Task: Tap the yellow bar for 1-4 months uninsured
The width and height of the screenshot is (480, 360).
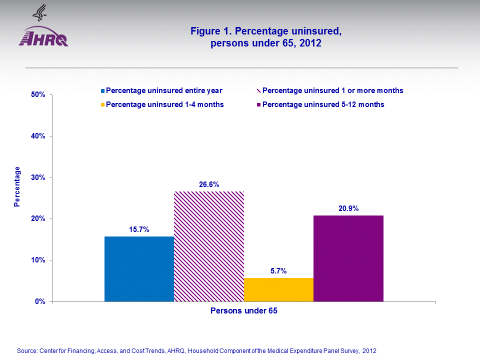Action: [278, 289]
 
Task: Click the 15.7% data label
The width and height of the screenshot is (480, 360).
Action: [139, 229]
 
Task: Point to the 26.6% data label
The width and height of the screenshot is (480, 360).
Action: [209, 184]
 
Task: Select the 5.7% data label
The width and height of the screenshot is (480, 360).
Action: [278, 271]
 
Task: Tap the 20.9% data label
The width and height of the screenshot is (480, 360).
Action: [348, 208]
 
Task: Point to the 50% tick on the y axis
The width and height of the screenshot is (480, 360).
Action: [38, 94]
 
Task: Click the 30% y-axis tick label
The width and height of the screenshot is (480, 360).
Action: [38, 177]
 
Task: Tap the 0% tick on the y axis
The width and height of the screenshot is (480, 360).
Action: [40, 301]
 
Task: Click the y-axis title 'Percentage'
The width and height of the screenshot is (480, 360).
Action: [17, 186]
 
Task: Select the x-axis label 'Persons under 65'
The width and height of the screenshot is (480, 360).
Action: [244, 311]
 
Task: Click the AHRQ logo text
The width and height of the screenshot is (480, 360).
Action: [43, 39]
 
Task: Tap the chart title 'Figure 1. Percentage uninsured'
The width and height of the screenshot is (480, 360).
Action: [266, 31]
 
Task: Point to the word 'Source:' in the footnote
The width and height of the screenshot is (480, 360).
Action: [26, 350]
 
